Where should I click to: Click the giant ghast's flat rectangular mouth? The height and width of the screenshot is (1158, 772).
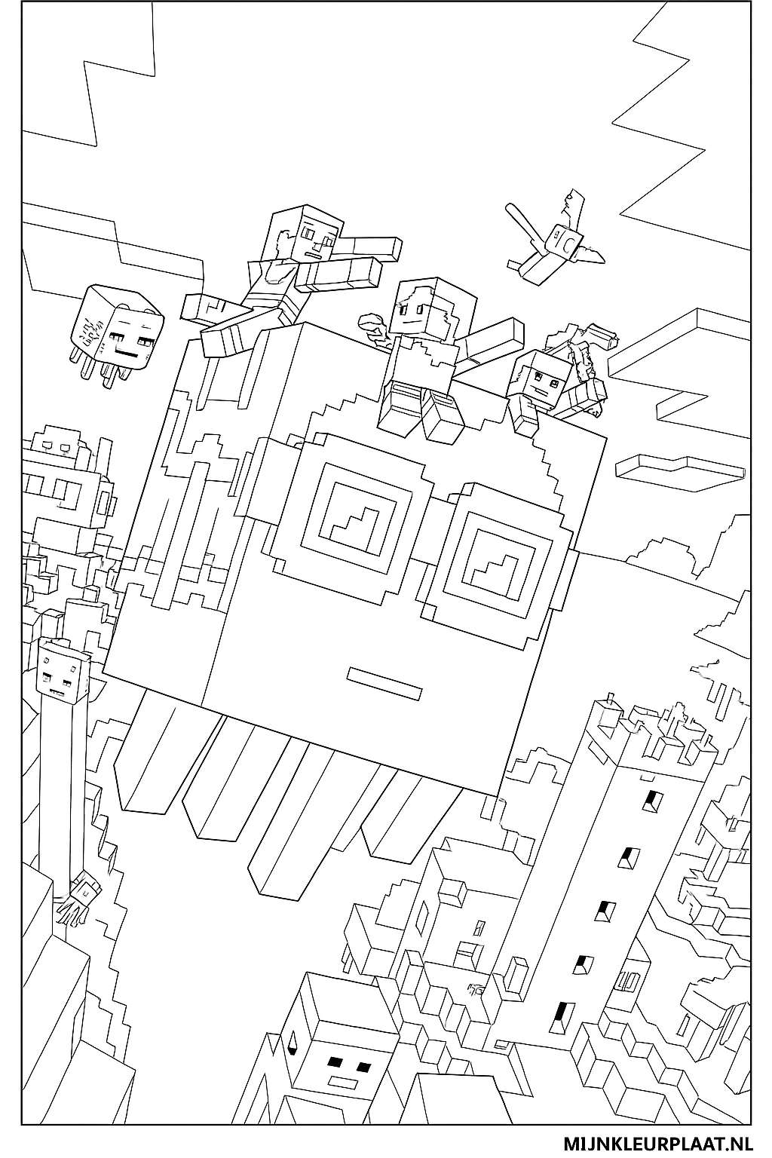(382, 682)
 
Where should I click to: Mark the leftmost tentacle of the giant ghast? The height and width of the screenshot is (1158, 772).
(147, 769)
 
